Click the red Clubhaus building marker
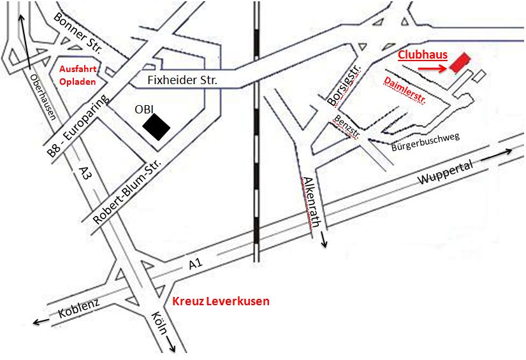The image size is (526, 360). tap(459, 62)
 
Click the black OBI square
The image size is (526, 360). tap(156, 125)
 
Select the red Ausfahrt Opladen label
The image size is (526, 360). tap(77, 75)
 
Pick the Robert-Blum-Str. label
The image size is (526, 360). tap(127, 191)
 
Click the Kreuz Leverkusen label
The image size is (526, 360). tap(221, 301)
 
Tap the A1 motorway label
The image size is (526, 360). tap(194, 264)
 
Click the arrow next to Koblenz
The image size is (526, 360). tap(41, 322)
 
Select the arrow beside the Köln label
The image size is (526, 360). tap(172, 345)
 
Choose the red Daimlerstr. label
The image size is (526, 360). tap(405, 90)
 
